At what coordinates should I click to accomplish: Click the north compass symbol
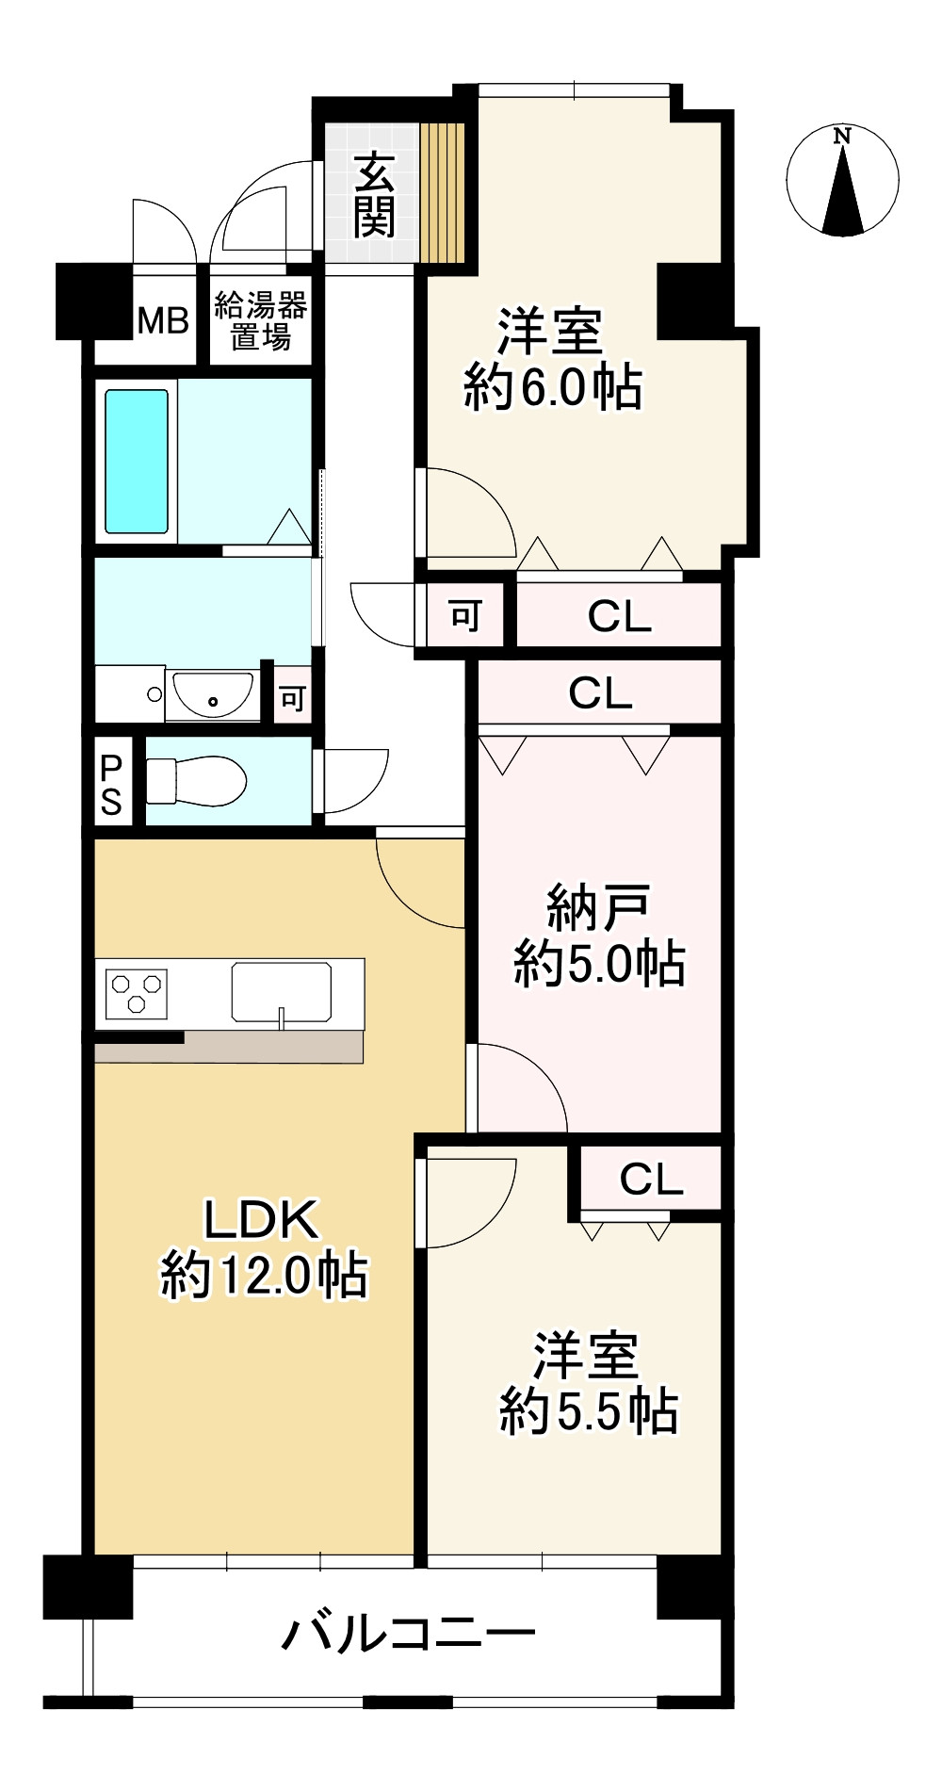[x=842, y=180]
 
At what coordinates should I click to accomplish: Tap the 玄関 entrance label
[x=374, y=195]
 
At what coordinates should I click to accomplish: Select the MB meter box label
[x=163, y=321]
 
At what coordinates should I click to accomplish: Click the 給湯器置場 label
[x=261, y=320]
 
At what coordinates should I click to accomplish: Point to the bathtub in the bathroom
[x=137, y=462]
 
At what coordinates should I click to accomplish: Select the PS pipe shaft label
[x=111, y=784]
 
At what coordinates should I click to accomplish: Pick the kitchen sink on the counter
[x=282, y=992]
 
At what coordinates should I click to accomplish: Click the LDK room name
[x=263, y=1219]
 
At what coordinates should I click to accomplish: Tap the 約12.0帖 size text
[x=264, y=1277]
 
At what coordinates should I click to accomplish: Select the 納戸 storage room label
[x=598, y=909]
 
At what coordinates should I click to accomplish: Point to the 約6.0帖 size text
[x=553, y=387]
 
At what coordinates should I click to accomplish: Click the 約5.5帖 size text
[x=589, y=1410]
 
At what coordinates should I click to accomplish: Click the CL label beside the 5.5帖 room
[x=651, y=1179]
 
